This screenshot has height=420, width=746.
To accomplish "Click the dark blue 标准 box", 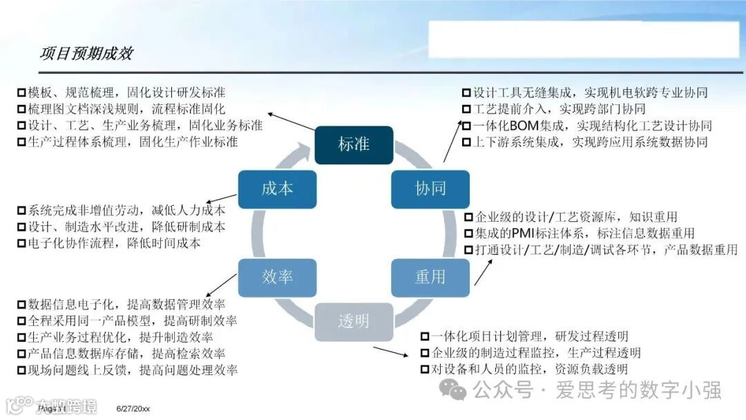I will point(354,145).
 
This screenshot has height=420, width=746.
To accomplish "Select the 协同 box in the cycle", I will point(430,189).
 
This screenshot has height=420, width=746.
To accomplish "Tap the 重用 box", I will point(430,277).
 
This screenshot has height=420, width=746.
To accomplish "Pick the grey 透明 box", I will point(354,321).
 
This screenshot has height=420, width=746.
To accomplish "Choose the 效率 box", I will point(277,277).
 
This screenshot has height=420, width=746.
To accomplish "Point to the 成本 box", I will point(277,189).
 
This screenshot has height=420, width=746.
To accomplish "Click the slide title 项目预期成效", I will point(86,53).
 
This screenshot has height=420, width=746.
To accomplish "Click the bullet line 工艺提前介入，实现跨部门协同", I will point(559,109).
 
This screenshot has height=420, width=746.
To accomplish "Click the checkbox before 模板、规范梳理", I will point(21,93).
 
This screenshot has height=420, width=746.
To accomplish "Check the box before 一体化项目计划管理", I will point(425,337).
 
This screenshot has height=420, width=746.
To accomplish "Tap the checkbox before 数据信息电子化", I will point(21,304).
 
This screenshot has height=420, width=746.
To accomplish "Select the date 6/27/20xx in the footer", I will point(133,410).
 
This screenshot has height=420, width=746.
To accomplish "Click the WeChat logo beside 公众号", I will point(457,390).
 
